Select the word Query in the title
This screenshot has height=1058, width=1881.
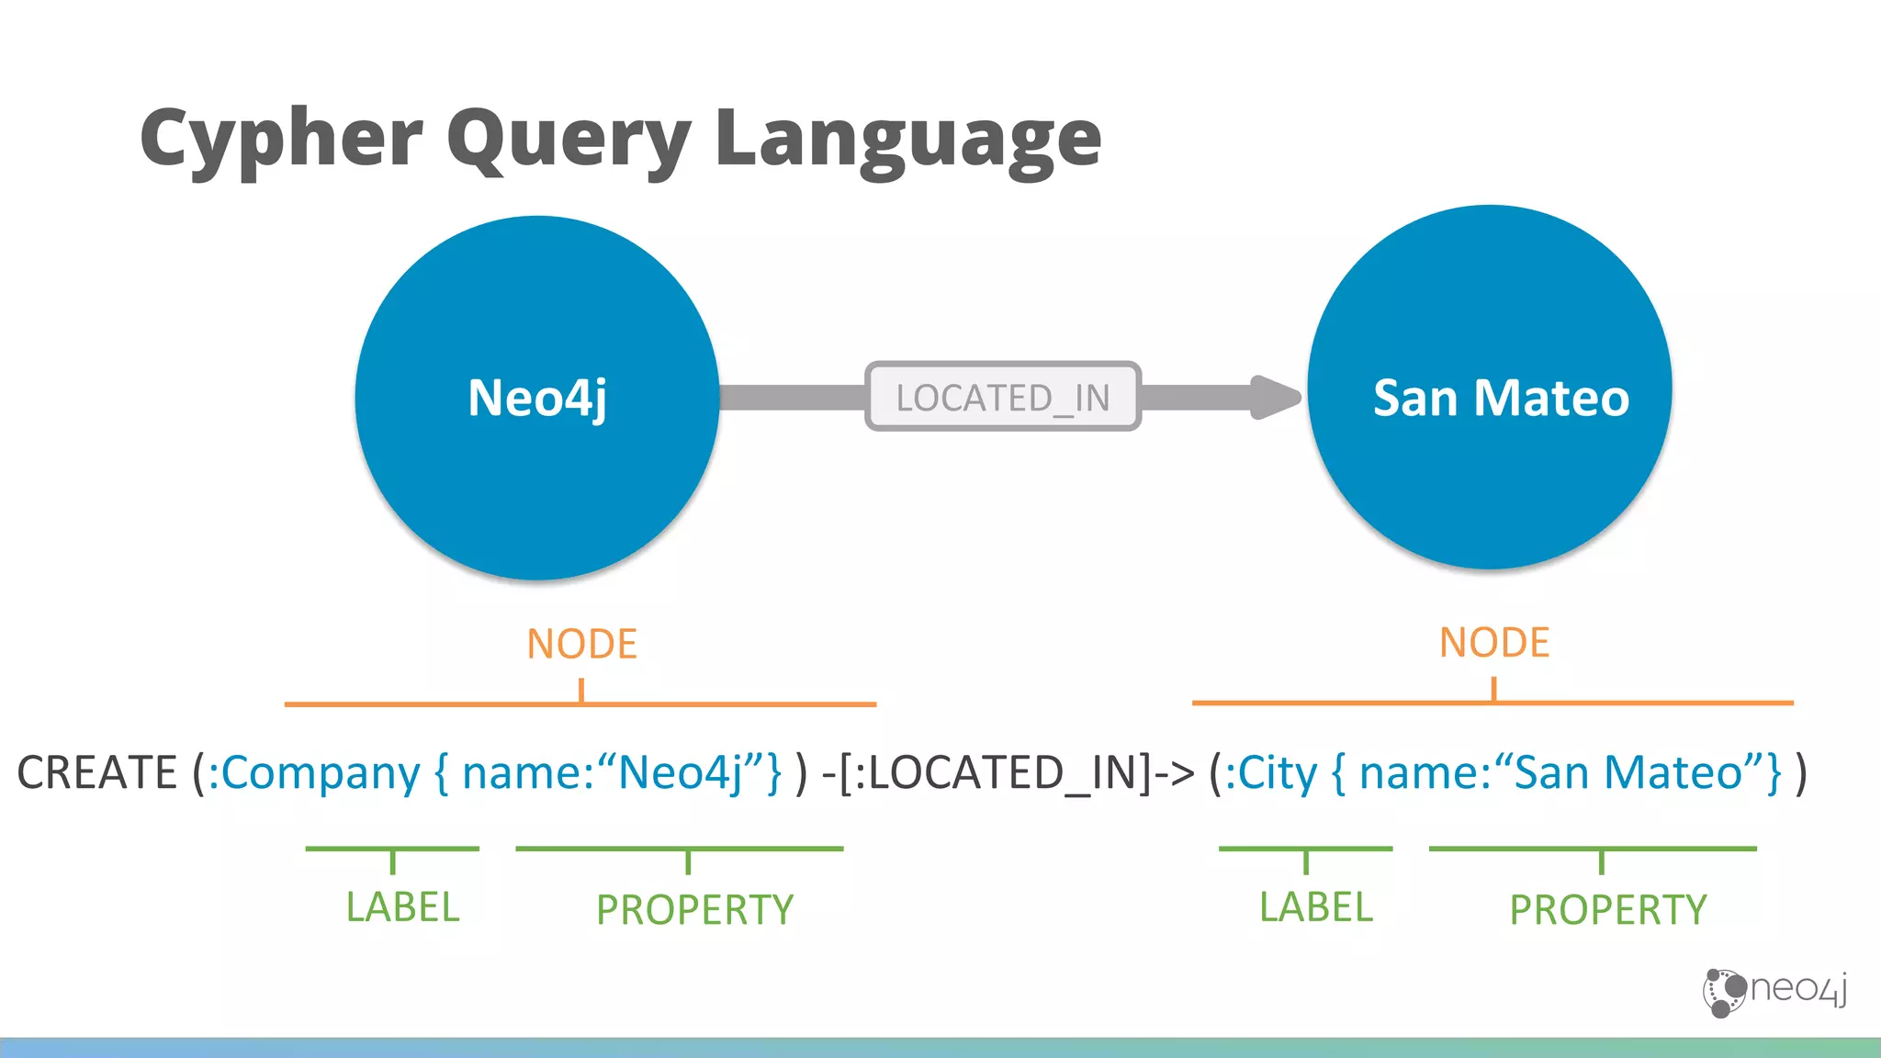(569, 140)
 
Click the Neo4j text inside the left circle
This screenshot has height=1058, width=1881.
(537, 398)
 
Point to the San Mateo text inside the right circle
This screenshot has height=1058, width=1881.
(1501, 398)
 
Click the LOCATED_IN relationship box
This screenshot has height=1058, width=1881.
(1003, 397)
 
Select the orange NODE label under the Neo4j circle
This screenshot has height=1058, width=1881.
(581, 644)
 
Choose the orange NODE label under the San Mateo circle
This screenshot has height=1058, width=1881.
(1494, 642)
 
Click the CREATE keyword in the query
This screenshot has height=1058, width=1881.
(96, 772)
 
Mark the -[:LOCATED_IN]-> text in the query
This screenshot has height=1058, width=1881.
(1008, 772)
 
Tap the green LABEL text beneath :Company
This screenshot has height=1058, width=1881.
(402, 907)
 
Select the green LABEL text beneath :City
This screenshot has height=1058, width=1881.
(1315, 907)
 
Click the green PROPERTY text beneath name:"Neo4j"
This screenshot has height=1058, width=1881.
(694, 910)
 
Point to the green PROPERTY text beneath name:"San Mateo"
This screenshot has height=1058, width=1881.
(1607, 910)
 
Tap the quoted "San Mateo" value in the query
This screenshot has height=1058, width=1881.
(1627, 772)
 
